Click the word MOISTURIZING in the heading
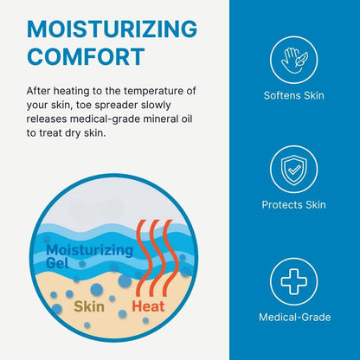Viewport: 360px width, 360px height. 112,29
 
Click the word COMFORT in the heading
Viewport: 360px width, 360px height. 86,56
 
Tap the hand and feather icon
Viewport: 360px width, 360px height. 294,60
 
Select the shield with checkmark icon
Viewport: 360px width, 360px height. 294,170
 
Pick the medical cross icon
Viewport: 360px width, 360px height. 294,281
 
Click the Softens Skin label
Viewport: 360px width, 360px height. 294,95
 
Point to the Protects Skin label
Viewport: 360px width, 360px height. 294,205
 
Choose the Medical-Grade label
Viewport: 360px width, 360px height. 295,317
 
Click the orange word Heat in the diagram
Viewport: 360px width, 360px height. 148,306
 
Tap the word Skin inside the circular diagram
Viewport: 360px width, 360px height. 89,306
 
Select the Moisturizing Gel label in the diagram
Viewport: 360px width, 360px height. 89,256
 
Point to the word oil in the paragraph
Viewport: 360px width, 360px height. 187,119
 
